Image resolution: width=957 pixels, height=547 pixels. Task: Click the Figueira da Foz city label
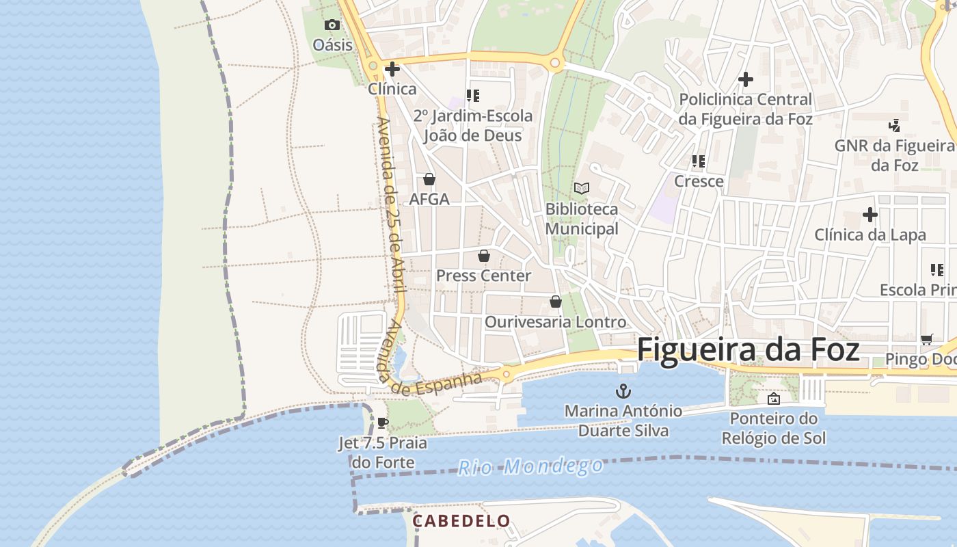748,349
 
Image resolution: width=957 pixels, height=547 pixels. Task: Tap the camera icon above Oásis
332,25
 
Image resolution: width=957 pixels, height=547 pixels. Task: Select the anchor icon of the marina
623,391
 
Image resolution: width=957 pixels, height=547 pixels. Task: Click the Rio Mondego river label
530,467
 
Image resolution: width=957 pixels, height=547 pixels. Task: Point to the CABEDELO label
461,521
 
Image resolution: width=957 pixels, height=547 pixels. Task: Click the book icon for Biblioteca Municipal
582,188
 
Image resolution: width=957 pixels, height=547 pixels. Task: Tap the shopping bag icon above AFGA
429,179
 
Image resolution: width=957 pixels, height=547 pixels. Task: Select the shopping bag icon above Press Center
484,256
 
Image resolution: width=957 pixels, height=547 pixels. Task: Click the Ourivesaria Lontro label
555,321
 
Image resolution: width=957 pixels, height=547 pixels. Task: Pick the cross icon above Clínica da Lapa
870,215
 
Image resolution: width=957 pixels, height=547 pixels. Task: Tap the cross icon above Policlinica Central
746,79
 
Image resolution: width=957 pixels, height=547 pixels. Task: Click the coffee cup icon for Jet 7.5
383,423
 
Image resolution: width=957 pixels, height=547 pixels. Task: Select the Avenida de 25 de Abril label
391,205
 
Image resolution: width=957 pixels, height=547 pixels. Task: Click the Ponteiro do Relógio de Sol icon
774,399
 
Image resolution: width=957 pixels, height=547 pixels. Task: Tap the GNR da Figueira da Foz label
894,155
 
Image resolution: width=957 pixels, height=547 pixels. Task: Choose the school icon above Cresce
699,161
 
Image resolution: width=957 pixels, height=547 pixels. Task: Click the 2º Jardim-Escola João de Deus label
473,126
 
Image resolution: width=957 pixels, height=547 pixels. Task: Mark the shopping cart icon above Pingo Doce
927,339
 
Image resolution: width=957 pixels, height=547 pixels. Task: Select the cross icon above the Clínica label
392,69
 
